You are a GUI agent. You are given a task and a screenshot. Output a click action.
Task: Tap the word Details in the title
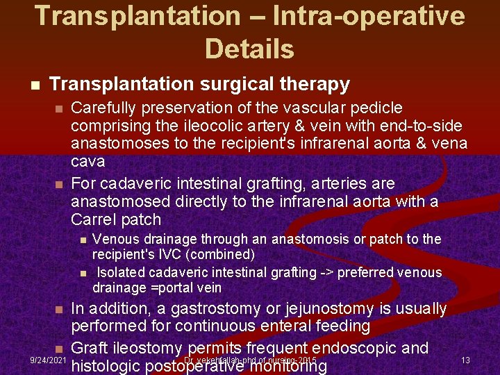click(x=250, y=49)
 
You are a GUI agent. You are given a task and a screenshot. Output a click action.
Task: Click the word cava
click(x=88, y=162)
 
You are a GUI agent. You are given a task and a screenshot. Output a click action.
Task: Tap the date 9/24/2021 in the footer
click(x=49, y=360)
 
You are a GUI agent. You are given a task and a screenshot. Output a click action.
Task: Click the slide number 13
click(x=465, y=360)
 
